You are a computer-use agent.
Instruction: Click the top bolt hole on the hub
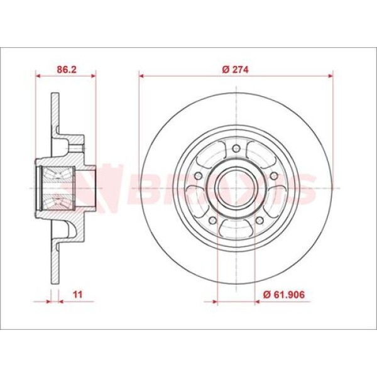236,149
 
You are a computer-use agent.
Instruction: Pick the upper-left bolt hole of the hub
200,176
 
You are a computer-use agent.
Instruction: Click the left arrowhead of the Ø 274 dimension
142,75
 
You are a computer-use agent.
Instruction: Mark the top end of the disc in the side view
54,96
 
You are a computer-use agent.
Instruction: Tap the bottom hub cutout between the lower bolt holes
236,227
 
